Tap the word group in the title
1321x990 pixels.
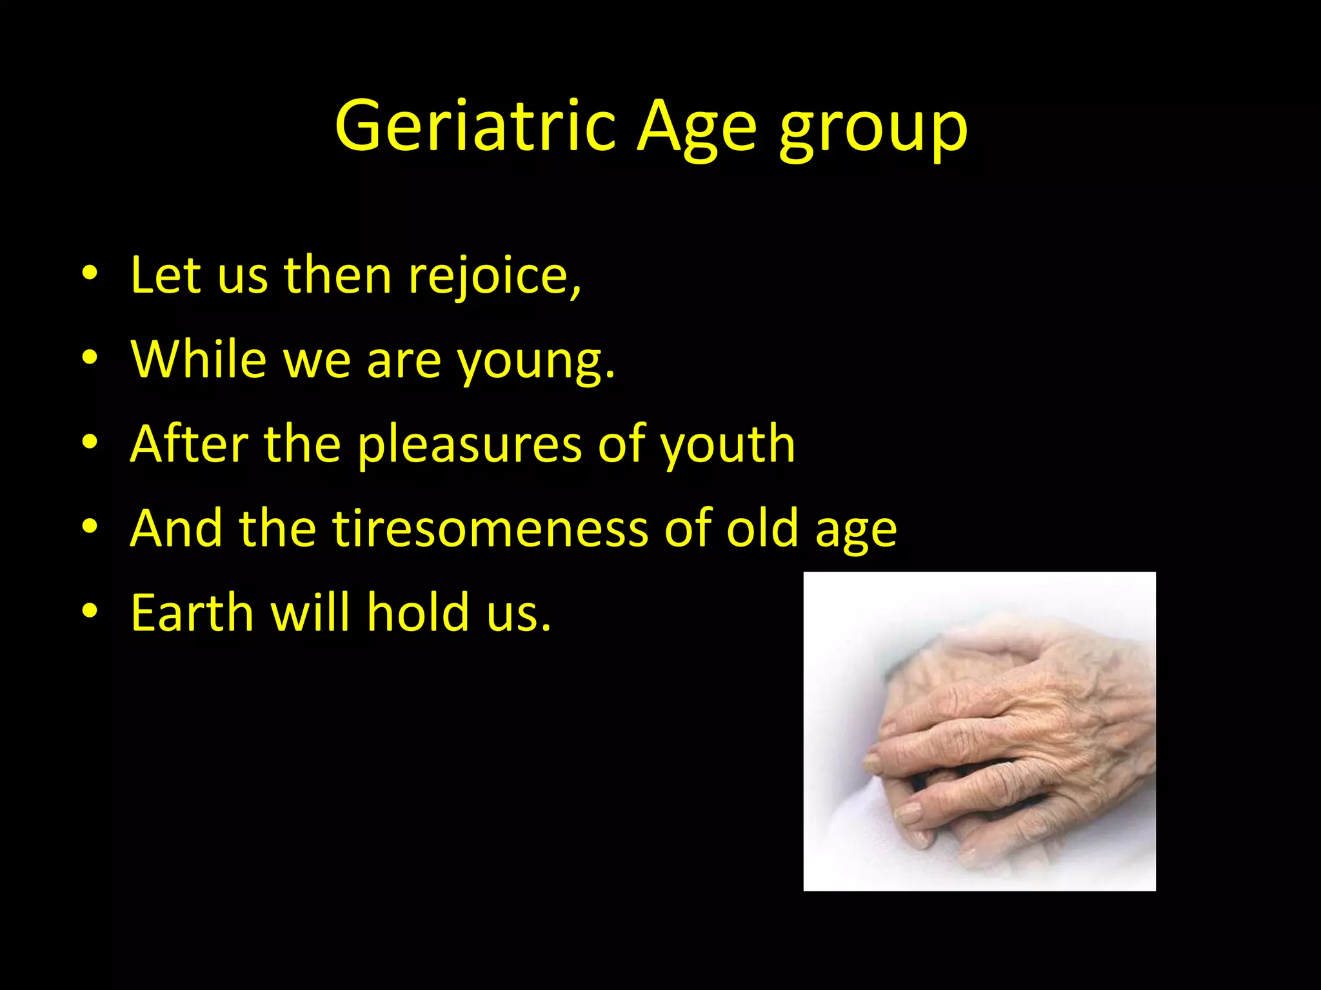click(x=873, y=129)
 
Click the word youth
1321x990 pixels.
click(x=727, y=445)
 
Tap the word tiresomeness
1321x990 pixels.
click(x=490, y=529)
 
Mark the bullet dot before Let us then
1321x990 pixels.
click(x=90, y=273)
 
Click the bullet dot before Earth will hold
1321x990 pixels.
click(x=90, y=610)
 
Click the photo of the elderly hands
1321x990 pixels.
click(x=979, y=731)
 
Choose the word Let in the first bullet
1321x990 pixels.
click(x=166, y=276)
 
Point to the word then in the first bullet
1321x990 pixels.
click(x=338, y=276)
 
